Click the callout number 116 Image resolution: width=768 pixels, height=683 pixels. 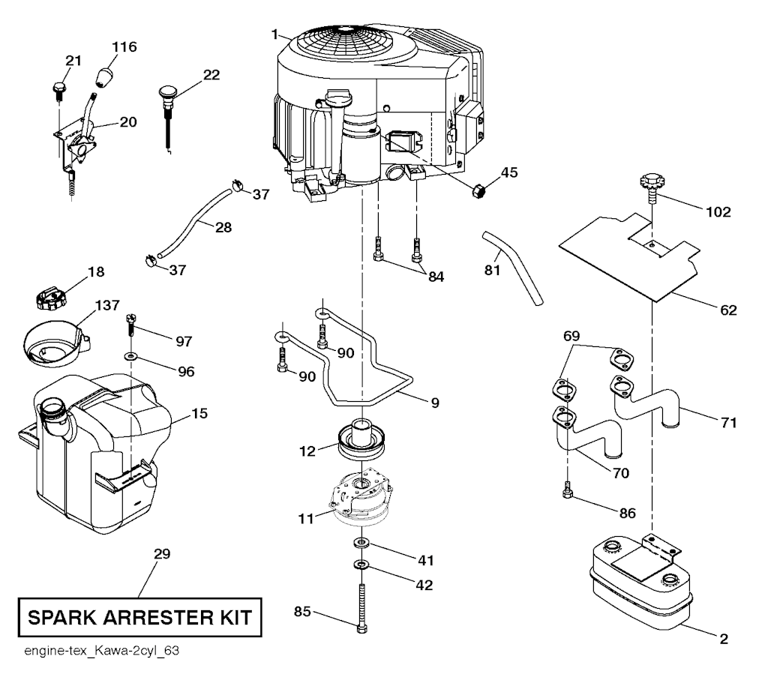coord(124,47)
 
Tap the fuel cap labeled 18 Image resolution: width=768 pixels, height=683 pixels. coord(51,298)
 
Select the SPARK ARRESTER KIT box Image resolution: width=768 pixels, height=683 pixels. coord(140,619)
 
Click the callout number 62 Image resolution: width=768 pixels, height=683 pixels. coord(727,310)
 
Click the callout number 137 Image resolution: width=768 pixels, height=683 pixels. coord(106,305)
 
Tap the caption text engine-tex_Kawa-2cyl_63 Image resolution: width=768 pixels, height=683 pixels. coord(97,649)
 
